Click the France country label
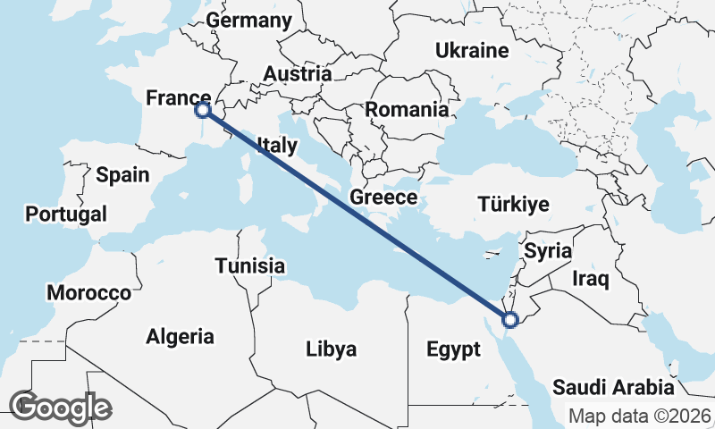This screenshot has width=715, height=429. click(x=178, y=97)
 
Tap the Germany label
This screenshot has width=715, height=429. click(x=248, y=21)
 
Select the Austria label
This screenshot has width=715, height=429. click(x=298, y=74)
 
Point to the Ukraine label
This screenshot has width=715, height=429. click(x=472, y=50)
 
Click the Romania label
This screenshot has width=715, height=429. click(x=407, y=111)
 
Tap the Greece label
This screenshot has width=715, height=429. click(x=384, y=198)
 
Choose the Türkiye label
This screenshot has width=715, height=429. click(x=513, y=205)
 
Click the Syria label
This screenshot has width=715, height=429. click(x=547, y=251)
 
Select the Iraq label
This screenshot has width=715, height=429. click(x=591, y=280)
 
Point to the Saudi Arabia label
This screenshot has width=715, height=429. click(x=613, y=388)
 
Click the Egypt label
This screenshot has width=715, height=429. click(x=454, y=349)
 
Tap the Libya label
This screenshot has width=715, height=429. click(x=331, y=349)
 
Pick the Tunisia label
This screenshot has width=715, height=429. click(x=250, y=265)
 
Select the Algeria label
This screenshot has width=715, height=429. click(x=180, y=337)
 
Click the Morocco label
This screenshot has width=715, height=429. click(x=89, y=293)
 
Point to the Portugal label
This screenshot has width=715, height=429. click(x=66, y=214)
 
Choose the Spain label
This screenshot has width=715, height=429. click(x=122, y=175)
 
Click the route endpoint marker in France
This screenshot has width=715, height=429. click(x=203, y=110)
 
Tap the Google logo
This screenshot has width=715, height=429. click(x=60, y=408)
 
